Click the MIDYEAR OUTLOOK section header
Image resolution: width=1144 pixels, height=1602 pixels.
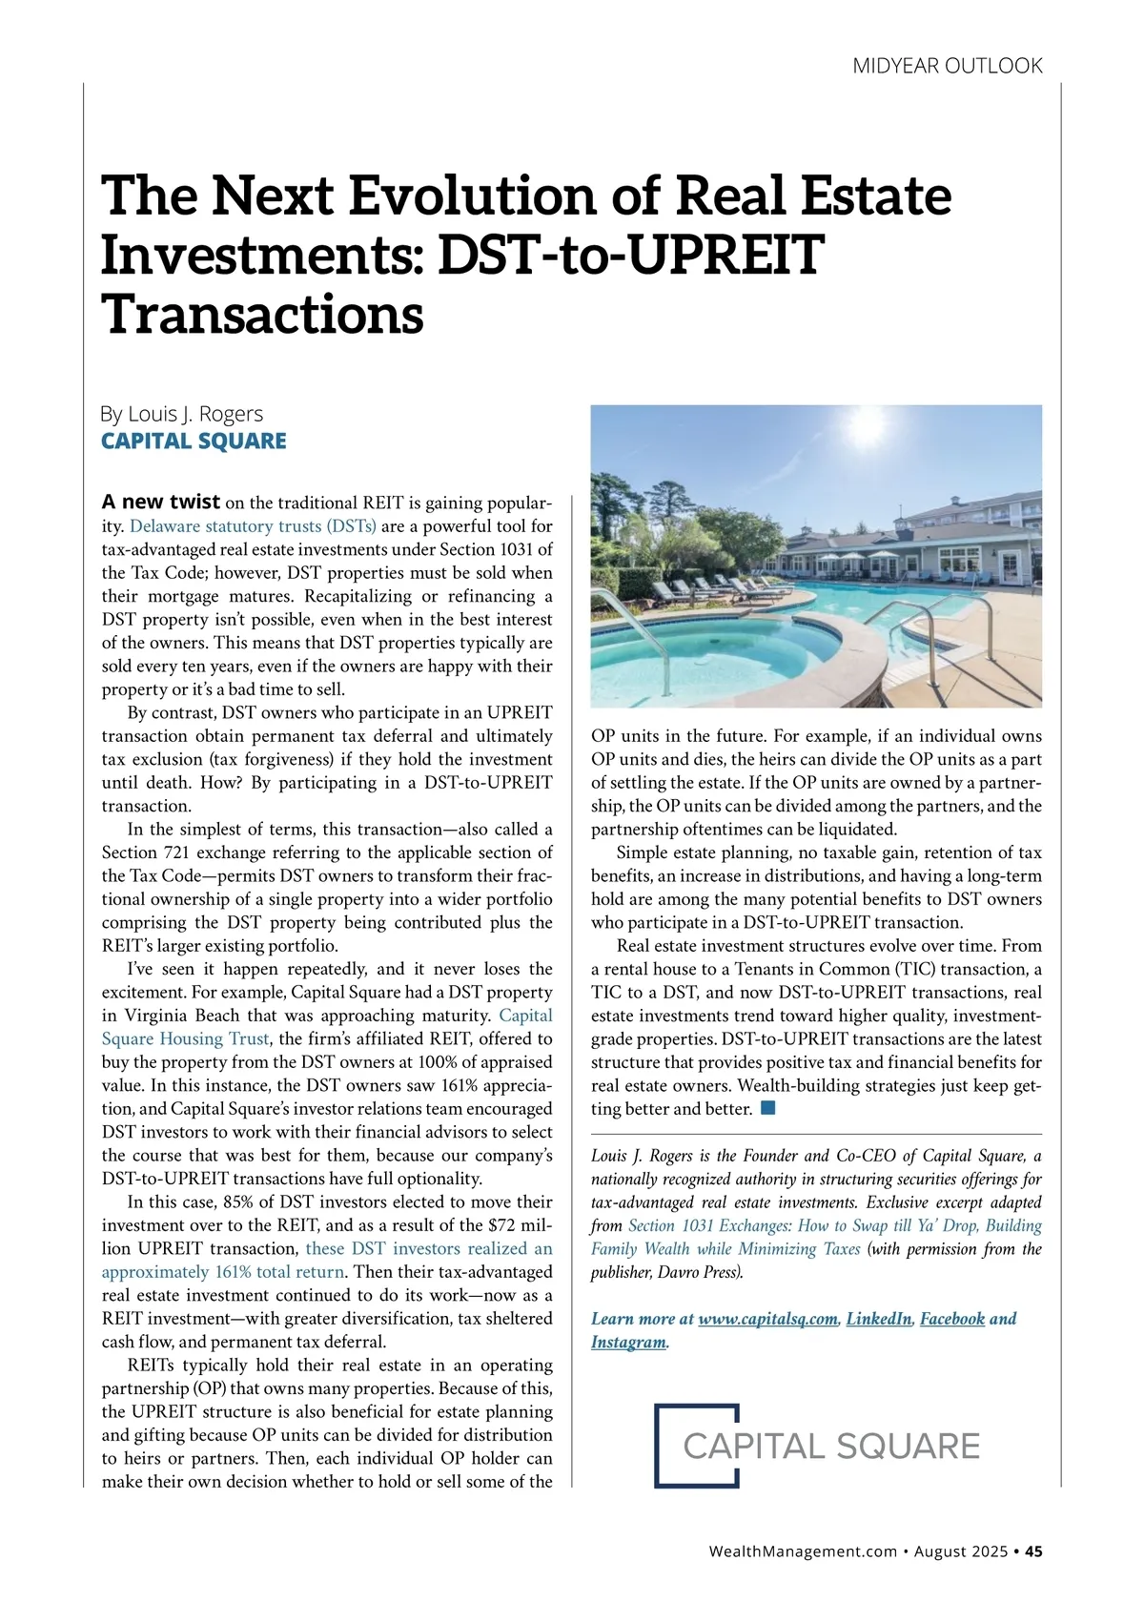pos(947,66)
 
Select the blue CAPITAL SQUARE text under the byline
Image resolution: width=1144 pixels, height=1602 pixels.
pos(194,441)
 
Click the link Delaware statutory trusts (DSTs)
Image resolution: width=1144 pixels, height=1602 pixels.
pos(253,526)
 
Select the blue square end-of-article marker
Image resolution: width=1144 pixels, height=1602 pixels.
pos(768,1108)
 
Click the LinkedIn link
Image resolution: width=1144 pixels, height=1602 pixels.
pos(878,1319)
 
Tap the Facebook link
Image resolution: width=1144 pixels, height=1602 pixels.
pos(951,1319)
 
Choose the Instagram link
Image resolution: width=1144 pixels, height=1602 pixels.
pos(628,1342)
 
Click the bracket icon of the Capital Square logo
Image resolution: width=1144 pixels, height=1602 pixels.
pos(697,1445)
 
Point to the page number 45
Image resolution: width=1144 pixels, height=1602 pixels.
pos(1033,1551)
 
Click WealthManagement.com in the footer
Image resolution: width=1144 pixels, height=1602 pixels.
pos(803,1551)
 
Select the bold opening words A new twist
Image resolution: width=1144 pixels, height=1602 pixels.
pos(161,502)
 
